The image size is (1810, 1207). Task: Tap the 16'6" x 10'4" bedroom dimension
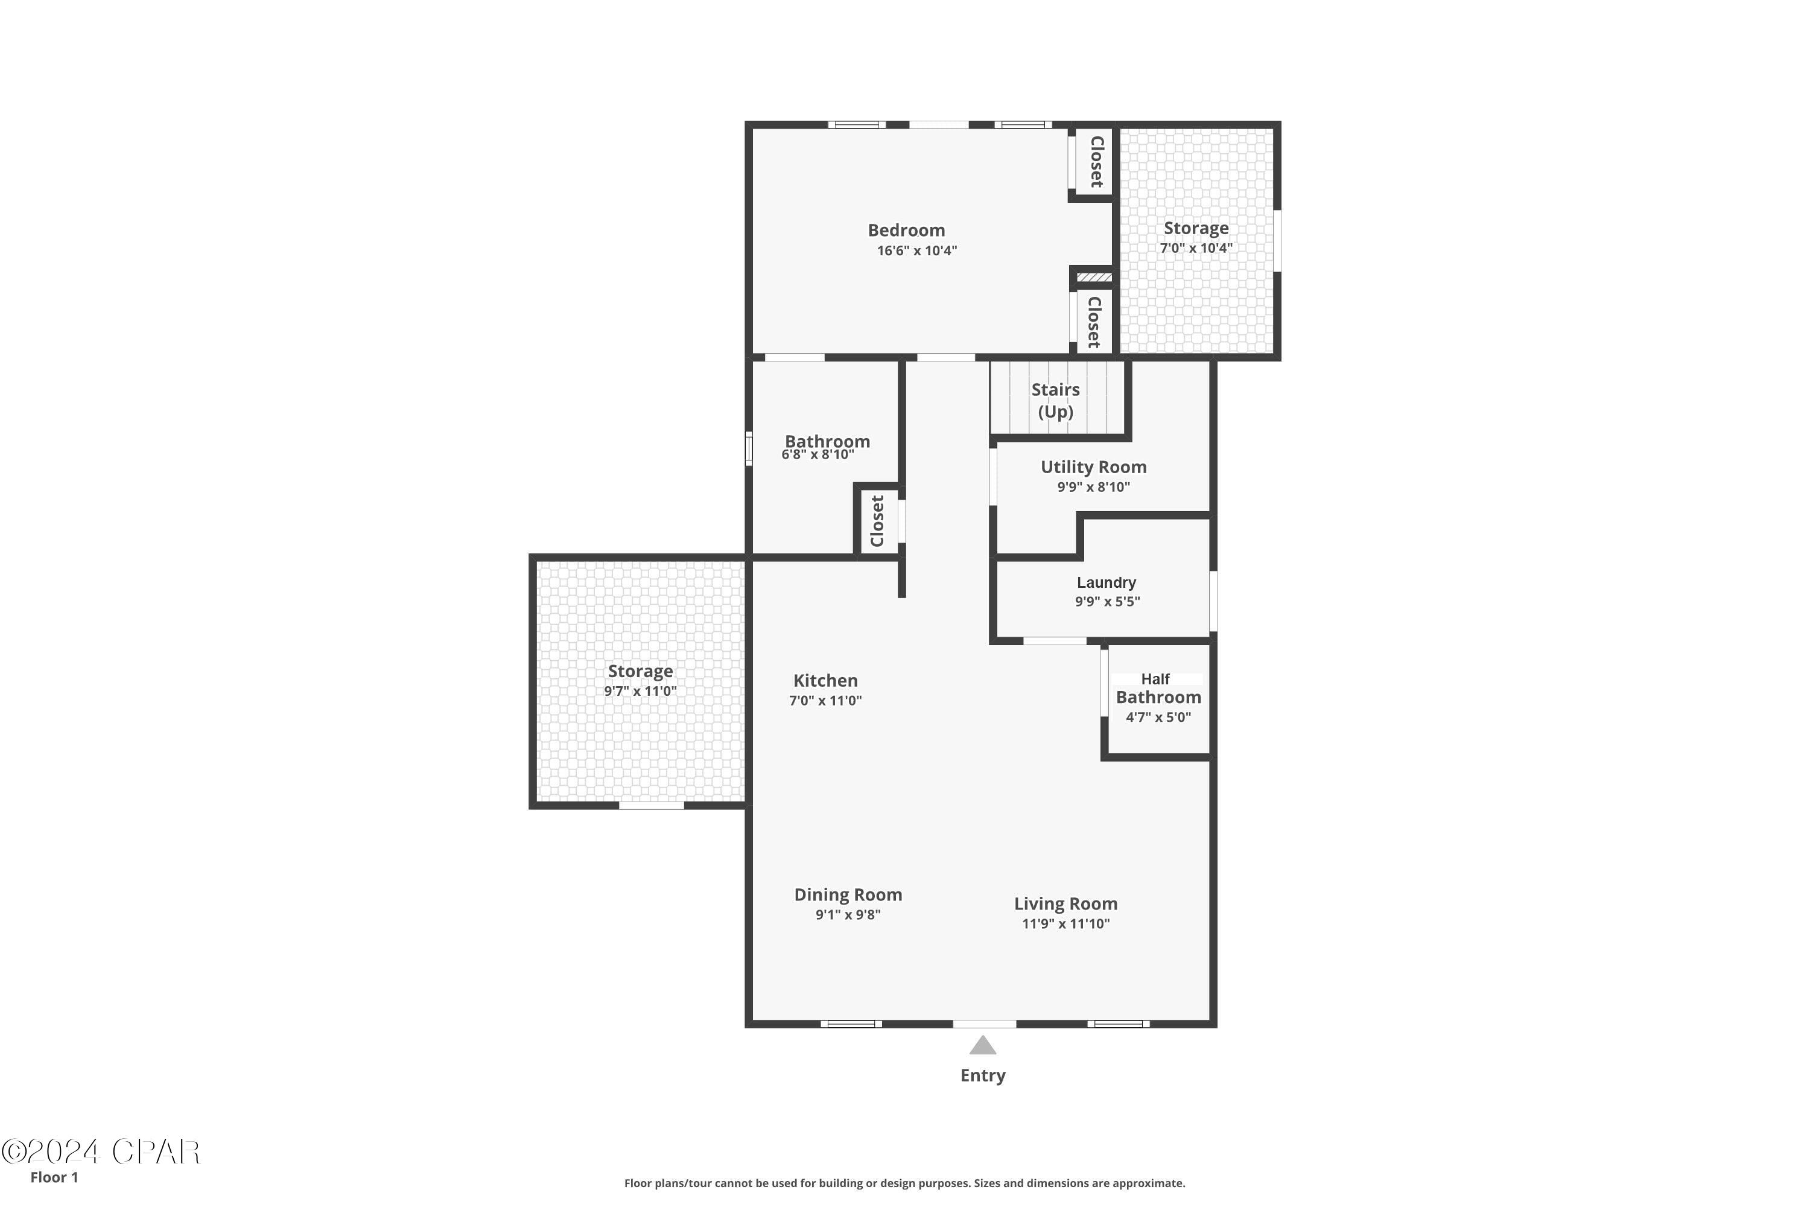(x=916, y=250)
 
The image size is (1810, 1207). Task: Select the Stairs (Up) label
(x=1055, y=400)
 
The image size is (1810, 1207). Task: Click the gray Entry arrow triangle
(x=983, y=1046)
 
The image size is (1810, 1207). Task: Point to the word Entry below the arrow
(x=983, y=1075)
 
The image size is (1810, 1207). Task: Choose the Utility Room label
(x=1093, y=467)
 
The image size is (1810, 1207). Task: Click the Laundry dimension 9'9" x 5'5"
(x=1107, y=602)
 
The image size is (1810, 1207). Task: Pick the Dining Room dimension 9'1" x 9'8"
(x=848, y=914)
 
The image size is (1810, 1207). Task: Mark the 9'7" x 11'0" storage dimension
(x=640, y=691)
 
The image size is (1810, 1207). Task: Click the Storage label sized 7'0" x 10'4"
(x=1195, y=228)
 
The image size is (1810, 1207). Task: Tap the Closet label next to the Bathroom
(x=877, y=521)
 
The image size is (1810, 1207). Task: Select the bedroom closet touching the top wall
(x=1096, y=162)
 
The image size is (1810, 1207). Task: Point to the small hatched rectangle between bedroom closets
(x=1093, y=277)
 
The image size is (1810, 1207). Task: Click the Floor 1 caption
(x=54, y=1177)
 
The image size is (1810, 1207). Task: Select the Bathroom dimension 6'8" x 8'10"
(x=818, y=455)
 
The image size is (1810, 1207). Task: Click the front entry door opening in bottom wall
(x=984, y=1024)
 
